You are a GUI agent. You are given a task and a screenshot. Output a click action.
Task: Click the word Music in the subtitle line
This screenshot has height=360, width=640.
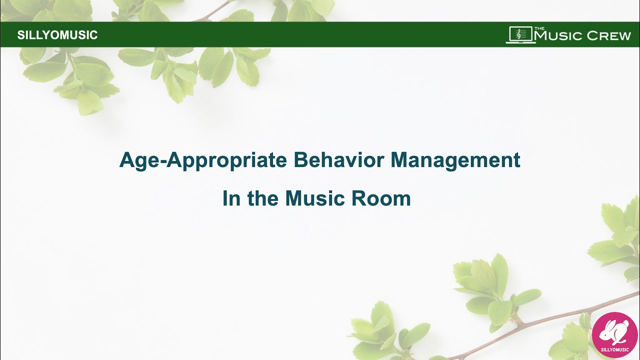[314, 198]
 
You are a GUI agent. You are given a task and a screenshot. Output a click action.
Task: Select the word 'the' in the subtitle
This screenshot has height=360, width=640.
[263, 198]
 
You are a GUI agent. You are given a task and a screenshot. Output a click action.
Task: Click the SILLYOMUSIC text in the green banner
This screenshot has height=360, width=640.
[57, 35]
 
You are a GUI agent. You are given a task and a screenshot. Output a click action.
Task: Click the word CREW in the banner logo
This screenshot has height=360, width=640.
[608, 36]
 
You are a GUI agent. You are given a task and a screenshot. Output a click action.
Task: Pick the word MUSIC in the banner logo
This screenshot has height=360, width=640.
[558, 36]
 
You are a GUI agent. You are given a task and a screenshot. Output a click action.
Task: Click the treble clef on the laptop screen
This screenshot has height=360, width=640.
[519, 33]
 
